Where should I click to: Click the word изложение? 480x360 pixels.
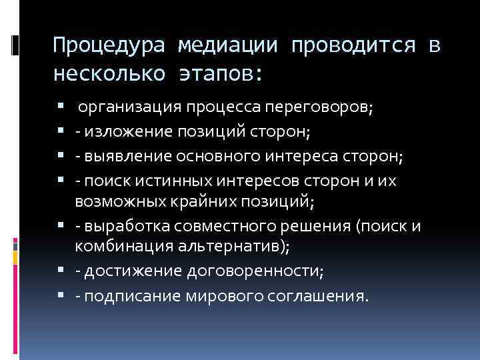point(123,132)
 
